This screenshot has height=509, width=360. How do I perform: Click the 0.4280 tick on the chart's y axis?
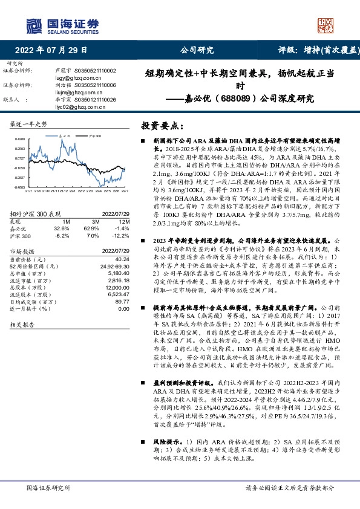[x=20, y=139]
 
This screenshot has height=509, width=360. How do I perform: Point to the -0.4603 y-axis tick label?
[x=20, y=187]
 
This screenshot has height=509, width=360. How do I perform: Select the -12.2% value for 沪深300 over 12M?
[x=122, y=235]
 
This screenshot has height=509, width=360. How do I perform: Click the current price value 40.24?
[x=122, y=259]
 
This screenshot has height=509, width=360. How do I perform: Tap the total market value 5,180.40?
[x=118, y=273]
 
